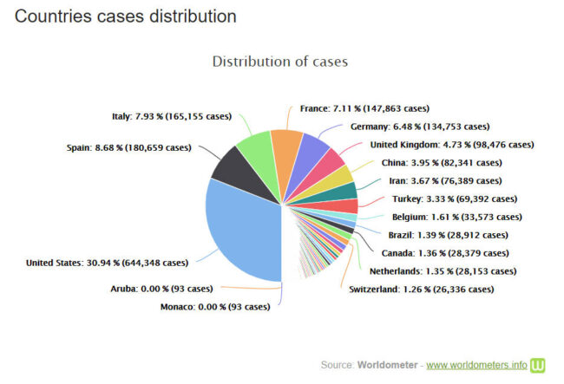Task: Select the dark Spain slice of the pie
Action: [232, 165]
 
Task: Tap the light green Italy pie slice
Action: [256, 146]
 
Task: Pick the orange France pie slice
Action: [285, 144]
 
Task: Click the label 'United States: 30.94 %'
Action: [106, 263]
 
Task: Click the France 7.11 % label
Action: [364, 108]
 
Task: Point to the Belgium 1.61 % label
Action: [456, 217]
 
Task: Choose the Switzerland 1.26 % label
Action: [421, 289]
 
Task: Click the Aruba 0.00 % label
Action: [161, 289]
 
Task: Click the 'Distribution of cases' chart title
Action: [279, 62]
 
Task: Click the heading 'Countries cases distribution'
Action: [125, 16]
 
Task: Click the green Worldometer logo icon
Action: [538, 364]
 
